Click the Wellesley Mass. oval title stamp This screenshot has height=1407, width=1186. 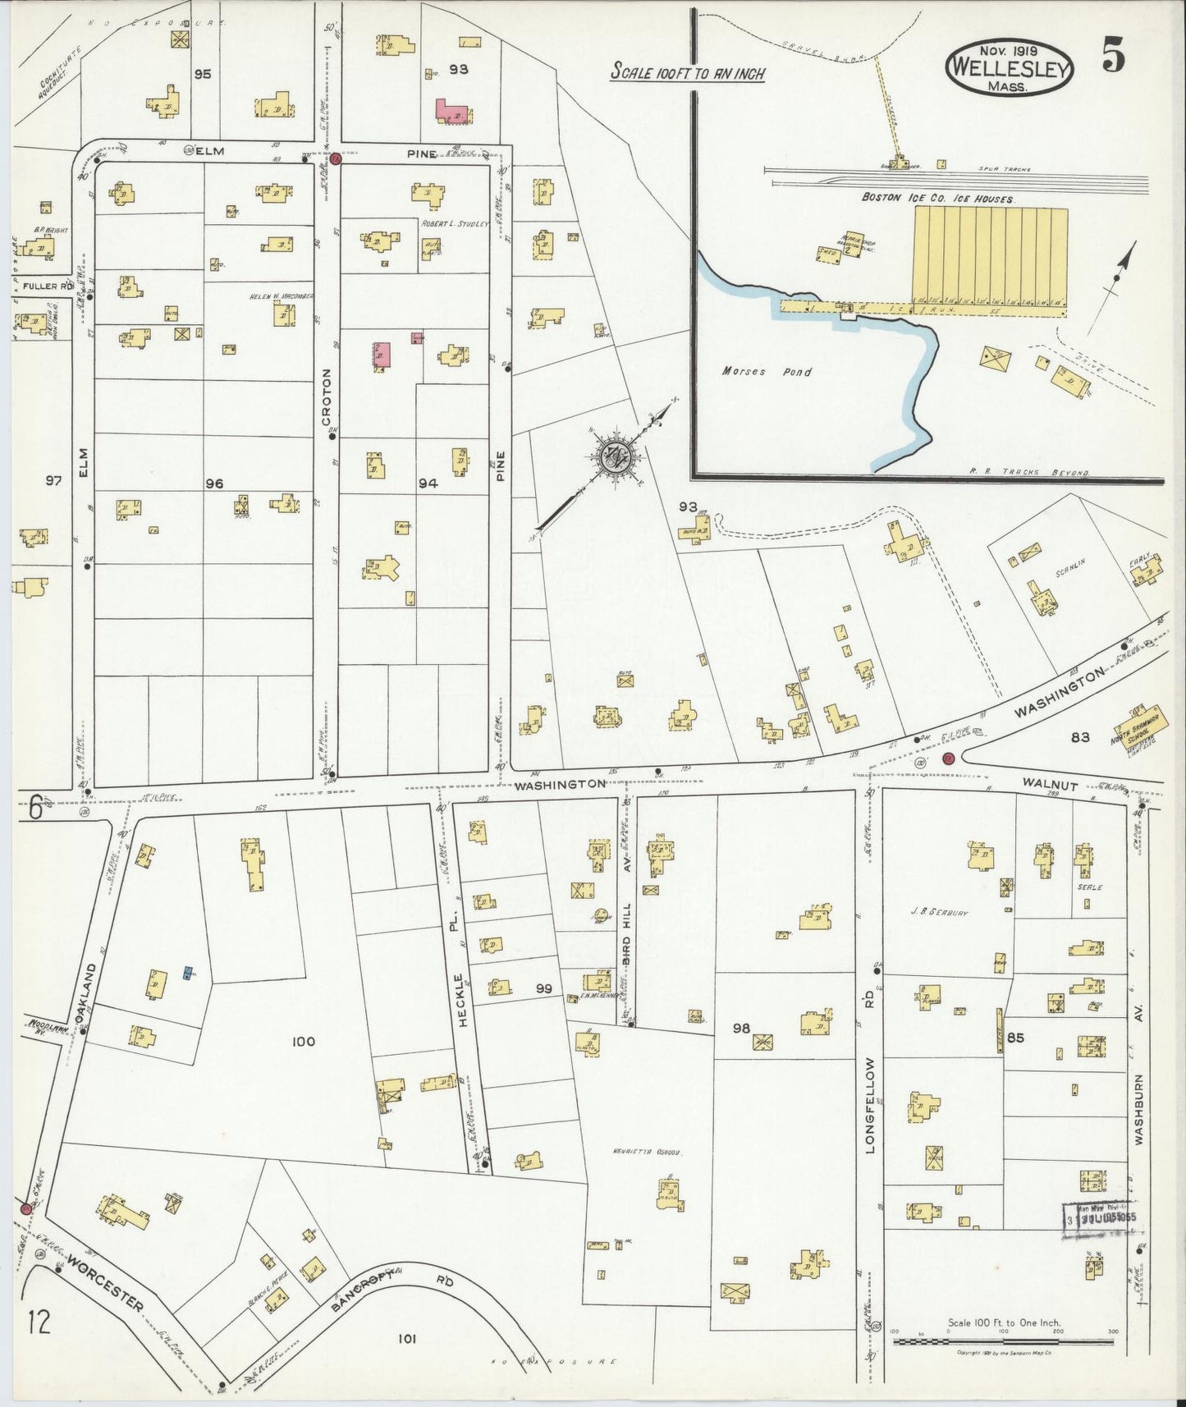[1010, 69]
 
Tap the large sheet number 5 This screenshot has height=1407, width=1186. [1113, 57]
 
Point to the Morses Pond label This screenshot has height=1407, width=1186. [767, 372]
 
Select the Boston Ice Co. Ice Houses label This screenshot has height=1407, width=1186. [937, 199]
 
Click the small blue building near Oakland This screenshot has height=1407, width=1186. [188, 974]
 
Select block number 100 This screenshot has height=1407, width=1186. [303, 1042]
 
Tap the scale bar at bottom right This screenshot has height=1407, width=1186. [1003, 1341]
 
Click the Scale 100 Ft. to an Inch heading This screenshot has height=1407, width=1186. [688, 73]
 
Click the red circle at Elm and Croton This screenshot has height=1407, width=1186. [335, 158]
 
